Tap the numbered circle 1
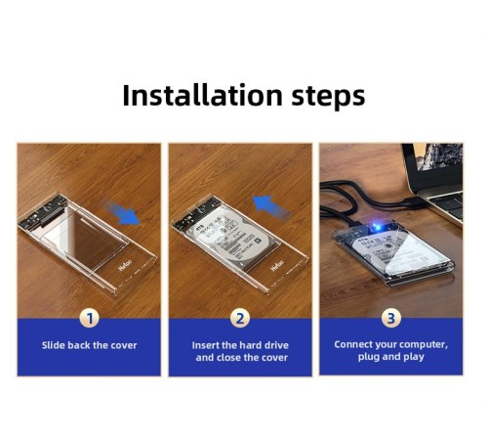[x=90, y=318]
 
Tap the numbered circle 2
[x=241, y=318]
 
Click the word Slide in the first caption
[x=56, y=345]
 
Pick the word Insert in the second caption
[x=211, y=345]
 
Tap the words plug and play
[x=390, y=357]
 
